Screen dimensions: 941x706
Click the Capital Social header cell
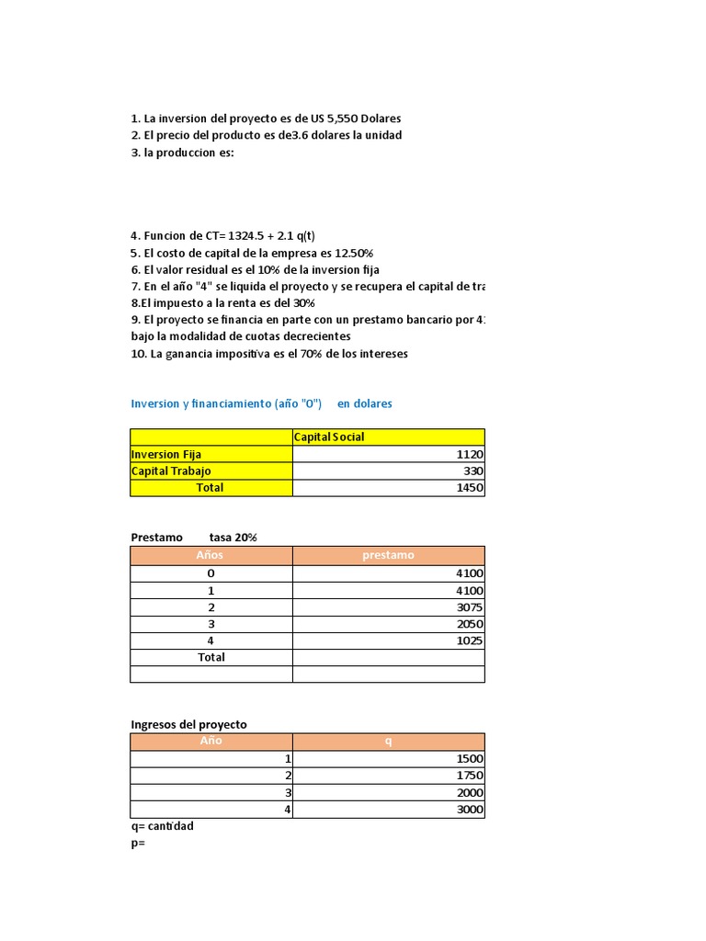coord(329,436)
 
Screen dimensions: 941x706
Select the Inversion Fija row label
coord(166,454)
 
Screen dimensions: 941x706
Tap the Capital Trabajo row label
coord(171,470)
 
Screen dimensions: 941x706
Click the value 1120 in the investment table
coord(470,454)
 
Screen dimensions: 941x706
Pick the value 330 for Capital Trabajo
coord(473,470)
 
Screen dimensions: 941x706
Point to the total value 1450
coord(470,488)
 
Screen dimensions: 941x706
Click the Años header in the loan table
coord(211,555)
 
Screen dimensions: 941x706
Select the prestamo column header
coord(388,555)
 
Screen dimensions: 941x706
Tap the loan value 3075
coord(470,607)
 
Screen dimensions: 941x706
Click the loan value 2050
coord(470,623)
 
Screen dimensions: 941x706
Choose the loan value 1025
coord(470,641)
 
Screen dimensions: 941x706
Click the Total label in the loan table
coord(211,657)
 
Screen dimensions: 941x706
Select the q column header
coord(388,742)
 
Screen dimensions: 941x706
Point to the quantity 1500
coord(470,759)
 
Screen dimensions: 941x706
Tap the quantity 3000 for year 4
coord(470,810)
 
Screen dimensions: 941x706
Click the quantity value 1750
coord(470,776)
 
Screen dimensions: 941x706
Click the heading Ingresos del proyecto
coord(188,724)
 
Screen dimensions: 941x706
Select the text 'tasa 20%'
coord(233,537)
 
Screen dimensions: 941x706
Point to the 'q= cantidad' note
coord(162,826)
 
